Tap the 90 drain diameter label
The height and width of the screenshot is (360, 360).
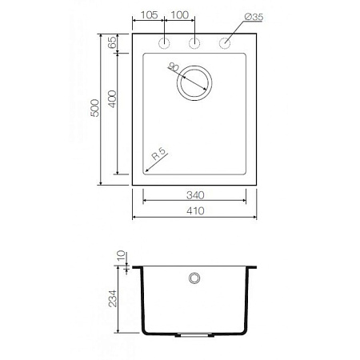click(174, 69)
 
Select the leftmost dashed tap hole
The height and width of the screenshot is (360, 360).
click(164, 42)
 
